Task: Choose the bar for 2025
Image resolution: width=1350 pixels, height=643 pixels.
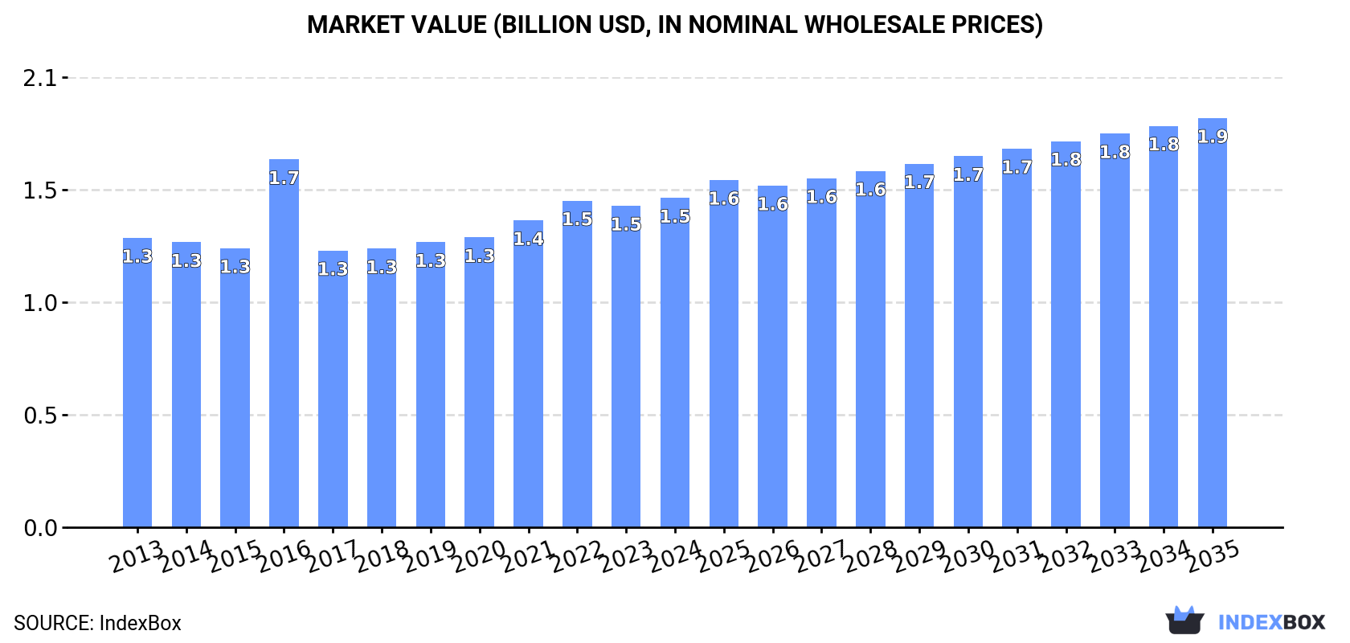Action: point(723,354)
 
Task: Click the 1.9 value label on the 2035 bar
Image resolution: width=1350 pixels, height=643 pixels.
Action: point(1212,137)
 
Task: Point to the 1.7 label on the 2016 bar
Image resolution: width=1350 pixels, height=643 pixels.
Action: point(284,178)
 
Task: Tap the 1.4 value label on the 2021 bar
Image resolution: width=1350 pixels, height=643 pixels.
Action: point(528,239)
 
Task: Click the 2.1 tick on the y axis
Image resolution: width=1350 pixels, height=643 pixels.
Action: point(40,78)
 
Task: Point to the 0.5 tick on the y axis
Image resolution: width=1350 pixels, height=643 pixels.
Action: point(40,416)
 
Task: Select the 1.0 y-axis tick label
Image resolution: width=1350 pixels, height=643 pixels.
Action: point(40,303)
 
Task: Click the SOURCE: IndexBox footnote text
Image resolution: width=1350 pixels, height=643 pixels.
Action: point(97,623)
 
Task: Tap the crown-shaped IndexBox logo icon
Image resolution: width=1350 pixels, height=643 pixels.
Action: point(1184,620)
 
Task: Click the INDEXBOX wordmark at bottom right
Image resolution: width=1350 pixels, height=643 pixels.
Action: point(1271,622)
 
